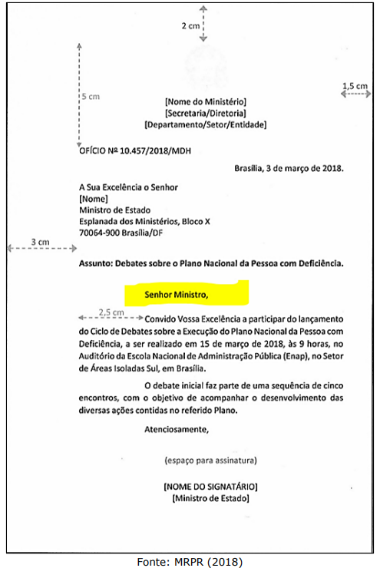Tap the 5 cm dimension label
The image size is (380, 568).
91,97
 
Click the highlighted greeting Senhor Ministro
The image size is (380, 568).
177,292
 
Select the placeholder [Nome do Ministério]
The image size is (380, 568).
205,101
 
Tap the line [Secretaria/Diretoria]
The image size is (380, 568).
205,112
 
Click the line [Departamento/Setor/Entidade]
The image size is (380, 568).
205,124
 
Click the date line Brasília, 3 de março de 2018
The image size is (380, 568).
289,168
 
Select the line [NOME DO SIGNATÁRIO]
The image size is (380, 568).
210,487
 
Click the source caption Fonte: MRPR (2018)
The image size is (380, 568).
190,561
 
